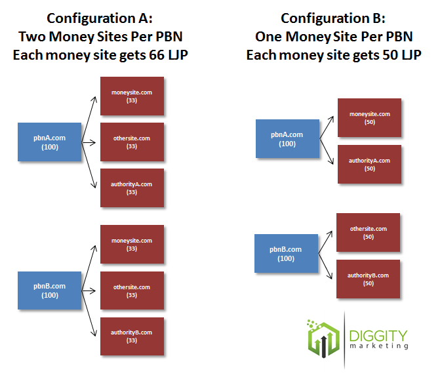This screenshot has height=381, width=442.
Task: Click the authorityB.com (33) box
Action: [x=132, y=336]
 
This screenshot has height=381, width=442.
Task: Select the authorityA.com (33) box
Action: [x=132, y=188]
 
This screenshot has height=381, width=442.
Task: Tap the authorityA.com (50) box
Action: [x=369, y=164]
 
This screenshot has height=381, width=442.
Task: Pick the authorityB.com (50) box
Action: [x=368, y=279]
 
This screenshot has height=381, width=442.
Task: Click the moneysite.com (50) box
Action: [x=369, y=118]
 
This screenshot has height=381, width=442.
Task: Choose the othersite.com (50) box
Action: [x=368, y=233]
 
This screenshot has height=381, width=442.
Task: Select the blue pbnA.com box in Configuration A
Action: [x=50, y=142]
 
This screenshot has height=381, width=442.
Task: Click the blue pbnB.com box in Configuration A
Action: [x=50, y=291]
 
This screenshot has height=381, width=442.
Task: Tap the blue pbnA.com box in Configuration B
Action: [x=287, y=139]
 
